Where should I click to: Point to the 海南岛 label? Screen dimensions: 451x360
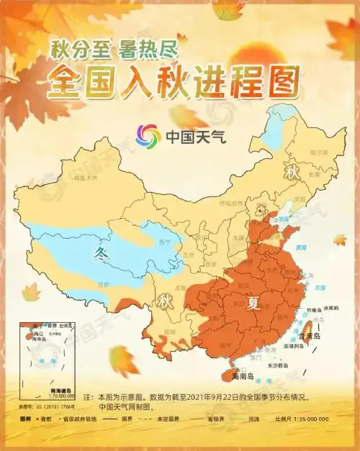pos(245,375)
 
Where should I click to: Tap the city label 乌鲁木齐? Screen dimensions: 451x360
pos(89,177)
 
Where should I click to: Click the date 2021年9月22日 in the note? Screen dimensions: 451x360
pos(212,396)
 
